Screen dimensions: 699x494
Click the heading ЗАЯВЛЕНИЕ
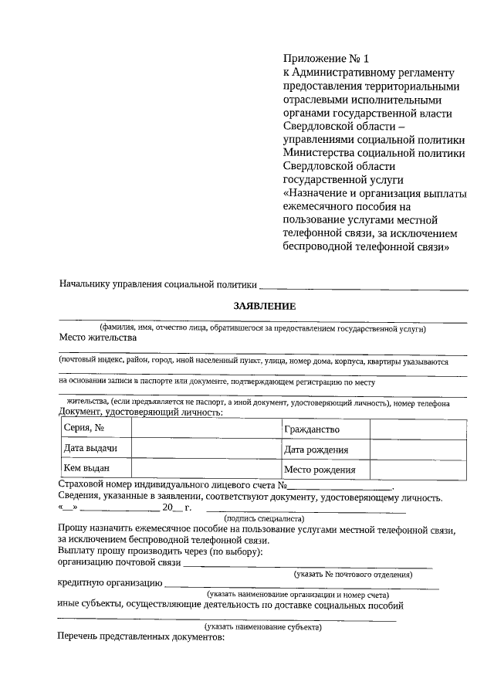click(265, 306)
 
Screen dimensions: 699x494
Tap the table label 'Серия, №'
click(84, 429)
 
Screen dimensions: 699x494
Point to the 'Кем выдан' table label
click(86, 468)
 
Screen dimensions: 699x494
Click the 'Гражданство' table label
click(312, 429)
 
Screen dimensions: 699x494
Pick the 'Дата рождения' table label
click(316, 450)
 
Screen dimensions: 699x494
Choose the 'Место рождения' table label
click(320, 469)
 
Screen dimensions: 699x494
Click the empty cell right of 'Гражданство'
click(418, 429)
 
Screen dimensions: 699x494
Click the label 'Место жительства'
click(98, 338)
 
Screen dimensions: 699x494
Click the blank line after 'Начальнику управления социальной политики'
click(364, 287)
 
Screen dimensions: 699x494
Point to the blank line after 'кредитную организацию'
click(301, 587)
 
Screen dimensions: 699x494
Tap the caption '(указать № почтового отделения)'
click(353, 575)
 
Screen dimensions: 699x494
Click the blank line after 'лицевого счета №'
click(340, 488)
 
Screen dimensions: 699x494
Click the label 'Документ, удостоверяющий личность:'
click(141, 412)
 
